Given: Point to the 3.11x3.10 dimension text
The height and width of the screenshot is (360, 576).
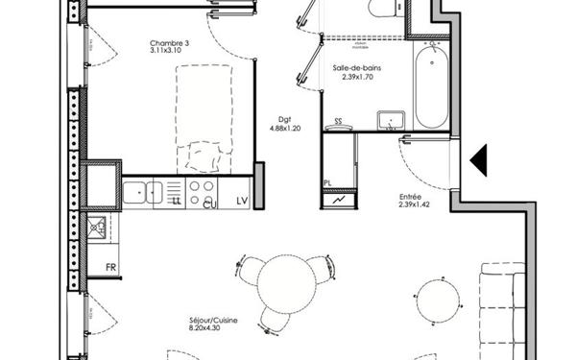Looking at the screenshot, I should pyautogui.click(x=166, y=52).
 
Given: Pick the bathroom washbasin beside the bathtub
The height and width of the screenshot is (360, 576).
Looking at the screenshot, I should pyautogui.click(x=391, y=120).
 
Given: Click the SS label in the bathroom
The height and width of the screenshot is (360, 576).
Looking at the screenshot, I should pyautogui.click(x=338, y=122).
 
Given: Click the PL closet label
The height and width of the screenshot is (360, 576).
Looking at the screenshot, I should pyautogui.click(x=327, y=181).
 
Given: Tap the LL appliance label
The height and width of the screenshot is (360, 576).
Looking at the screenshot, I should pyautogui.click(x=177, y=202).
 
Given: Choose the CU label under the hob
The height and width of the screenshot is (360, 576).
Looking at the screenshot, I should pyautogui.click(x=209, y=202).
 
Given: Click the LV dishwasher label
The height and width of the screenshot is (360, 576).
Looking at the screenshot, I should pyautogui.click(x=242, y=200).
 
